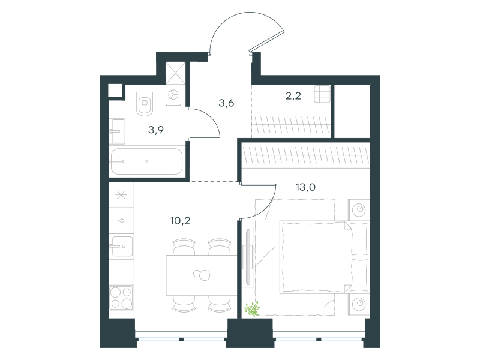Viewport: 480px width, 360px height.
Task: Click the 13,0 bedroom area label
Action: [x=305, y=187]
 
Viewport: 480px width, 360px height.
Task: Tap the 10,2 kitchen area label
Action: [x=181, y=221]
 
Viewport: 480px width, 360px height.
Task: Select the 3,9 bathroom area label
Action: [x=156, y=130]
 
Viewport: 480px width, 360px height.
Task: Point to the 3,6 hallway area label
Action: [x=226, y=103]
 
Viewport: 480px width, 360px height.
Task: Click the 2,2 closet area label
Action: [x=293, y=96]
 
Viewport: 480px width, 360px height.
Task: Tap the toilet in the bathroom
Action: [x=145, y=104]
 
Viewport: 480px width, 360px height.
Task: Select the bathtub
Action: [x=146, y=161]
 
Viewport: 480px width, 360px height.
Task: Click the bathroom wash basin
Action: [x=117, y=131]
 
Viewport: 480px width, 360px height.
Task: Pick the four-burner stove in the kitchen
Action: [x=121, y=298]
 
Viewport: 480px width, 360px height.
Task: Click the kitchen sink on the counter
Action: [x=122, y=246]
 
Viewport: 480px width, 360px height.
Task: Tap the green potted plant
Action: [x=252, y=308]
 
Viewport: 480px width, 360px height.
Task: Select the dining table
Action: [x=202, y=275]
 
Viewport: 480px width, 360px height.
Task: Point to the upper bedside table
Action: [x=359, y=210]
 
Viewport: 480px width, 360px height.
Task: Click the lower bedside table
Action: [x=359, y=304]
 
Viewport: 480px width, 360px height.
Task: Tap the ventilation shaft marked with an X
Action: [x=175, y=73]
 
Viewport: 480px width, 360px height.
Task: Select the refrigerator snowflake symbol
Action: [x=121, y=195]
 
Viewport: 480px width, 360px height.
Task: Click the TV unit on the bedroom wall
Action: [x=248, y=257]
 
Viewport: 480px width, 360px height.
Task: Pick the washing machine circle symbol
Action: [x=173, y=95]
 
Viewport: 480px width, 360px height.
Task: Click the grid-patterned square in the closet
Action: [x=322, y=94]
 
